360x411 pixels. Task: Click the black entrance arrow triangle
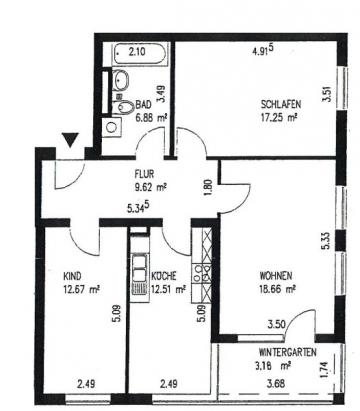[70, 140]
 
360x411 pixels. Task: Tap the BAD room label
[143, 105]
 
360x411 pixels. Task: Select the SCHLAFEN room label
[281, 104]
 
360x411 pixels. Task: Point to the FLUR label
[144, 174]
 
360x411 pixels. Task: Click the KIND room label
[72, 276]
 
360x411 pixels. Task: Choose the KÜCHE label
[164, 276]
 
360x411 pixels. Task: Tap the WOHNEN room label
[276, 276]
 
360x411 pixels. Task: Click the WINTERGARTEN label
[288, 352]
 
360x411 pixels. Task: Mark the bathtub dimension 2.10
[137, 52]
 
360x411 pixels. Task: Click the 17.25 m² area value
[279, 117]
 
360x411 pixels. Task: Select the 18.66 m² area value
[278, 289]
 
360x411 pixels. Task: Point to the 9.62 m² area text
[151, 187]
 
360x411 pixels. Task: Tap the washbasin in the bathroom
[121, 80]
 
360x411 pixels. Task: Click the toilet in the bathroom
[122, 106]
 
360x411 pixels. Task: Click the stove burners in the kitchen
[202, 273]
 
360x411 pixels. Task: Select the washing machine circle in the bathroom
[111, 127]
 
